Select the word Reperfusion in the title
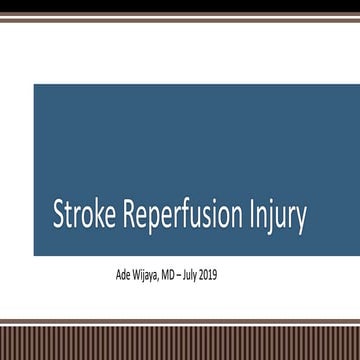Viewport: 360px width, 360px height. coord(177,217)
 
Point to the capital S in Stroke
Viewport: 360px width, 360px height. coord(59,216)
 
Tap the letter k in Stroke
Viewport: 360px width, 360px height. coord(96,216)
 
